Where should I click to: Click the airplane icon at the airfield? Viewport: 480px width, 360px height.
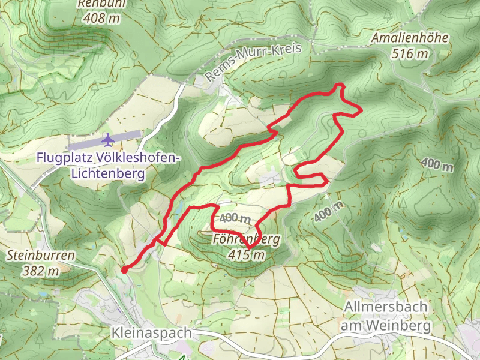[x=108, y=140]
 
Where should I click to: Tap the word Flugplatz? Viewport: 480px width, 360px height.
[x=64, y=158]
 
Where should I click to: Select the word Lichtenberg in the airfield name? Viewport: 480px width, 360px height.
[x=108, y=174]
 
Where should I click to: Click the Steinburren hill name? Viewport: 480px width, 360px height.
[x=41, y=256]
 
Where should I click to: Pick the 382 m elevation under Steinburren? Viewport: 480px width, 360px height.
[x=41, y=271]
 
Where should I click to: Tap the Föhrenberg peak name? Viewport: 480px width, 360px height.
[x=246, y=240]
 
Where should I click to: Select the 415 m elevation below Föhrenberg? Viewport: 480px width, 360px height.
[x=246, y=255]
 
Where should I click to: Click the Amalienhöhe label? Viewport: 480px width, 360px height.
[x=410, y=38]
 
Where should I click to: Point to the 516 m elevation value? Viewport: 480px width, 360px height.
[x=410, y=53]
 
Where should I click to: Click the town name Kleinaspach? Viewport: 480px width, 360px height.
[x=151, y=332]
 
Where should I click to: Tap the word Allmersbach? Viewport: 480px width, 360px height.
[x=386, y=307]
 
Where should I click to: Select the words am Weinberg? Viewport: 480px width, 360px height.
[x=386, y=326]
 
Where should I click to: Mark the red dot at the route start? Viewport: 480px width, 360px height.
[x=124, y=270]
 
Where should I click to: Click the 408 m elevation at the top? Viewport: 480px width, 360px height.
[x=101, y=18]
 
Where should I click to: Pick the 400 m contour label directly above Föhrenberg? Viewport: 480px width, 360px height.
[x=235, y=218]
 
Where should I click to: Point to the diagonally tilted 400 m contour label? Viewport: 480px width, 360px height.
[x=329, y=211]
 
